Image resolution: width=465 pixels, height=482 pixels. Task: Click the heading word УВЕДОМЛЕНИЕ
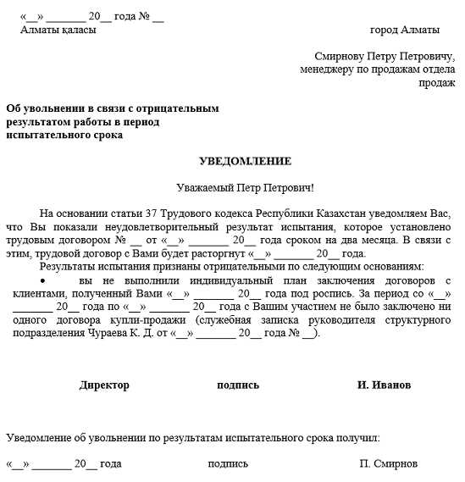pyautogui.click(x=245, y=161)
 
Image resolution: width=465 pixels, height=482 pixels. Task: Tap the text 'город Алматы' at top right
pyautogui.click(x=405, y=30)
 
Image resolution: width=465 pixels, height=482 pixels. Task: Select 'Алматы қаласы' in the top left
pyautogui.click(x=58, y=30)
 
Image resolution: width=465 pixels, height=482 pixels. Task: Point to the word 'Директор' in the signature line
pyautogui.click(x=104, y=385)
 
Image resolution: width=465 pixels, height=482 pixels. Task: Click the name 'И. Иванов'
pyautogui.click(x=384, y=385)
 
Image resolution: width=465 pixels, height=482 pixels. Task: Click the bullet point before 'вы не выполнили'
pyautogui.click(x=42, y=280)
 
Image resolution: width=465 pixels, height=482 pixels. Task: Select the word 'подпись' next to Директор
pyautogui.click(x=238, y=385)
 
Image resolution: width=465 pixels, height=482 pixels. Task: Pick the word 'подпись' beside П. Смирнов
pyautogui.click(x=228, y=463)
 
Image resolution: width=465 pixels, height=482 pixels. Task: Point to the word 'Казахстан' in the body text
pyautogui.click(x=336, y=213)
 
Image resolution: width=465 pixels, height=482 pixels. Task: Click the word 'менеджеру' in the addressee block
pyautogui.click(x=327, y=69)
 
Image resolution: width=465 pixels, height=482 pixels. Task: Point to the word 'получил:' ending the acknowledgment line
pyautogui.click(x=360, y=438)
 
